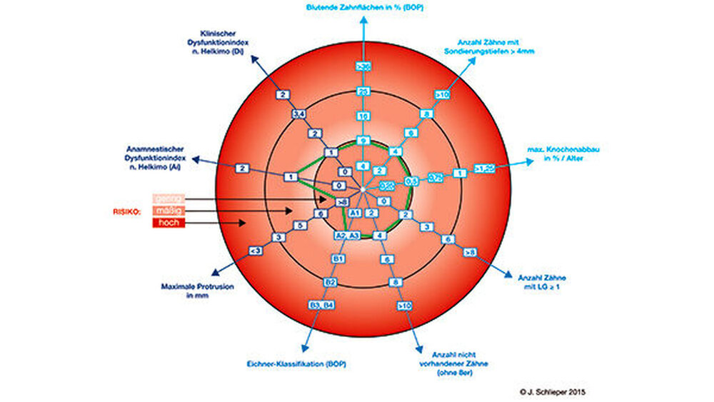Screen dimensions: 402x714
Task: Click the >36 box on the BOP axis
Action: pyautogui.click(x=363, y=66)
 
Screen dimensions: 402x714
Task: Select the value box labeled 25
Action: pyautogui.click(x=363, y=91)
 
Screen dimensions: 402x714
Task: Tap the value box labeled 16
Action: pyautogui.click(x=363, y=116)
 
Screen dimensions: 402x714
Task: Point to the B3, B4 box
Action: pyautogui.click(x=321, y=306)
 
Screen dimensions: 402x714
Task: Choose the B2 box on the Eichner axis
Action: pyautogui.click(x=330, y=282)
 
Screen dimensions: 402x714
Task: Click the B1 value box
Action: pyautogui.click(x=339, y=258)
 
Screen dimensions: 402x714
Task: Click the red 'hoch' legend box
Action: pyautogui.click(x=169, y=223)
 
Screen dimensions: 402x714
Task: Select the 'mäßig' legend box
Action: pyautogui.click(x=169, y=211)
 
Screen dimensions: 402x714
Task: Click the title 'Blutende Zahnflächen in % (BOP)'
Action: pyautogui.click(x=363, y=7)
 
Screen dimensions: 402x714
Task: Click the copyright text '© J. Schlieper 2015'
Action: pyautogui.click(x=553, y=392)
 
